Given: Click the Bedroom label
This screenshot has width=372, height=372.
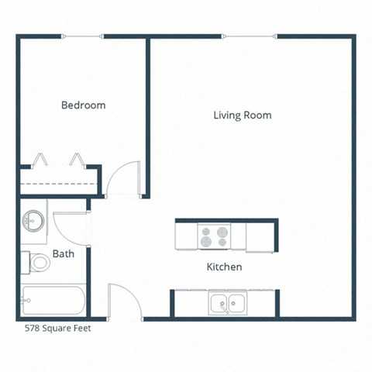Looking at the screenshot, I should (x=84, y=105).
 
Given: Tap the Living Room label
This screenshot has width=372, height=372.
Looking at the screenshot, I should (x=243, y=115).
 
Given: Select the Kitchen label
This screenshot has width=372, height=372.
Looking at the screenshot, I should (x=224, y=267).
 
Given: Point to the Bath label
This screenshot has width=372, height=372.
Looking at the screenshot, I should (x=63, y=253).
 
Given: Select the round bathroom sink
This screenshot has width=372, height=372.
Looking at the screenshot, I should (x=32, y=219).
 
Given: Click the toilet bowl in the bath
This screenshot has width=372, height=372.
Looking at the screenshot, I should (x=38, y=263).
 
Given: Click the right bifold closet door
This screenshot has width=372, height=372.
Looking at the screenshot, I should (x=78, y=160).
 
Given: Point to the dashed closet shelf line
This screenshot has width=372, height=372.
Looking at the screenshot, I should (x=58, y=184).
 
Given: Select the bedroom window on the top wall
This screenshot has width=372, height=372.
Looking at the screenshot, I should (x=84, y=36).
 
